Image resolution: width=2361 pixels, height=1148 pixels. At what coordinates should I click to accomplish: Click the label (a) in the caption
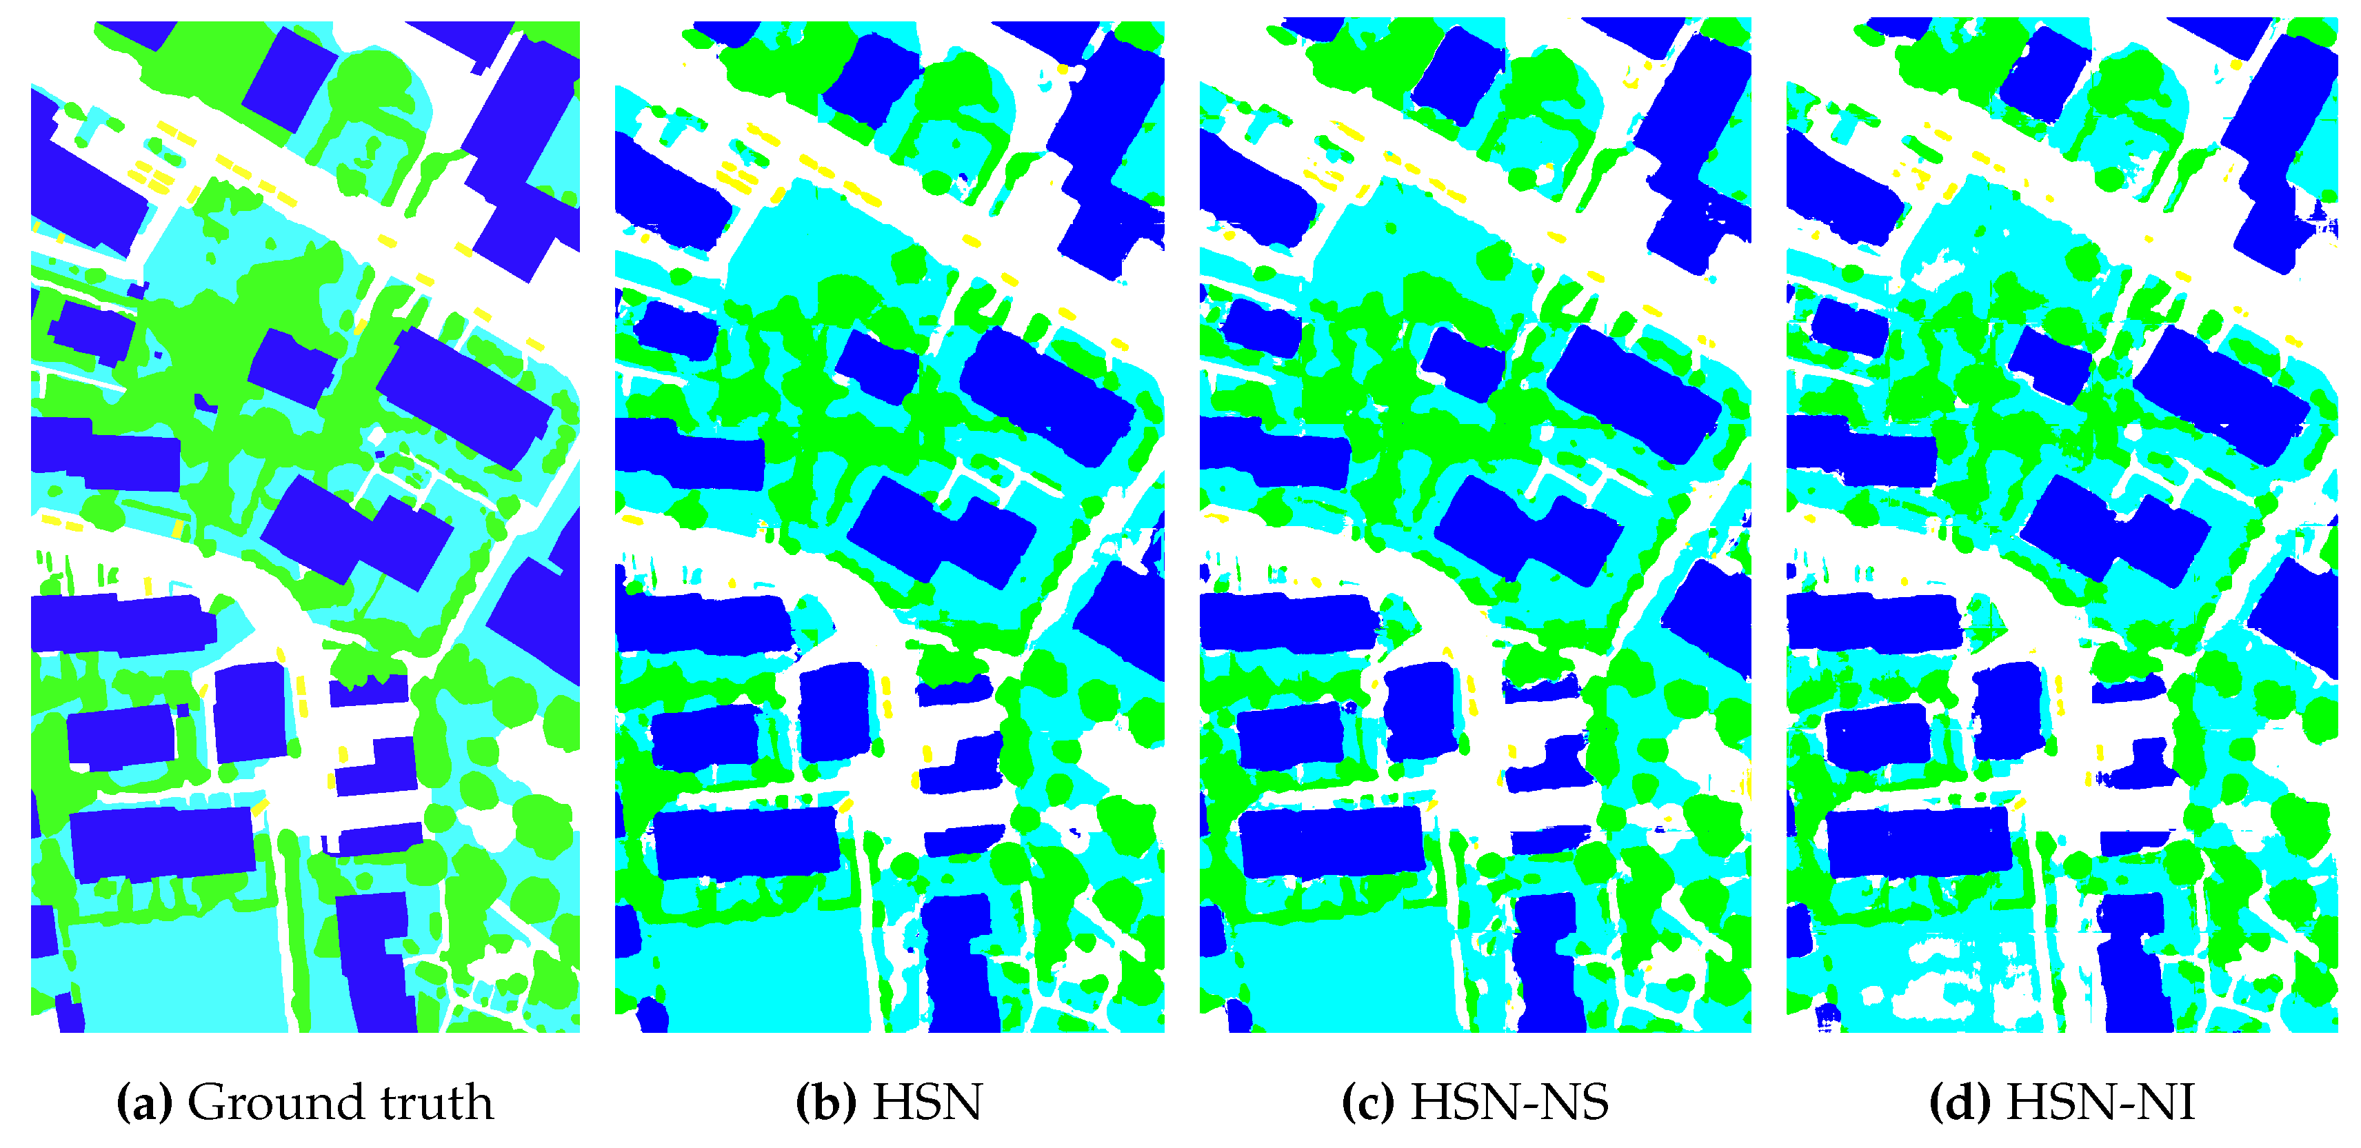pos(144,1102)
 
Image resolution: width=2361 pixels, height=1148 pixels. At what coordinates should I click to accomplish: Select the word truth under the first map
pos(437,1102)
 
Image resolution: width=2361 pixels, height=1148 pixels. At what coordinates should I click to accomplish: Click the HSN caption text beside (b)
pos(927,1102)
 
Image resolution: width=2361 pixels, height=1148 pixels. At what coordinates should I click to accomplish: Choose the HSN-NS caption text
pos(1509,1102)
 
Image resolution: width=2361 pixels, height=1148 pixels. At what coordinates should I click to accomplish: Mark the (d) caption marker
pos(1960,1102)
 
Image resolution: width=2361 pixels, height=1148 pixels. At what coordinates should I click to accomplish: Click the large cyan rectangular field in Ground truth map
pos(174,971)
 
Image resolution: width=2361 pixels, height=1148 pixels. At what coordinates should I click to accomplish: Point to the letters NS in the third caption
pos(1574,1102)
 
